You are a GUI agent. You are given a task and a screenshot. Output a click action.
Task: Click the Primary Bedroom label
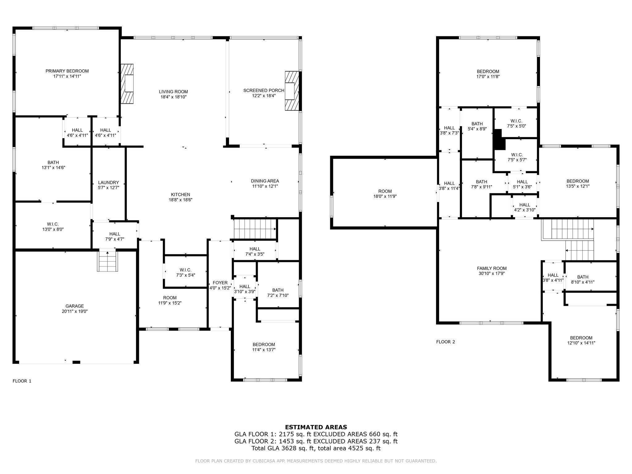tap(67, 71)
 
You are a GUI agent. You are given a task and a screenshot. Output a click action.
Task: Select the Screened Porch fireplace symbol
tap(292, 91)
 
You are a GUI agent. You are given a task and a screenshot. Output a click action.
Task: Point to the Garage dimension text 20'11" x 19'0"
tap(75, 311)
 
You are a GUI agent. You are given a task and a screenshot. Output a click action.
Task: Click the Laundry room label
tap(108, 182)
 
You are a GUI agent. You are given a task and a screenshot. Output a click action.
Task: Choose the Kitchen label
tap(181, 194)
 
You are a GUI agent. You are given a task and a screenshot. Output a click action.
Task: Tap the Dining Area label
tap(265, 181)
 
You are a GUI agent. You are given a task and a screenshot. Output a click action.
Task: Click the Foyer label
tap(220, 283)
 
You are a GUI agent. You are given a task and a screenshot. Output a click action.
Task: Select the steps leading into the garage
tap(107, 261)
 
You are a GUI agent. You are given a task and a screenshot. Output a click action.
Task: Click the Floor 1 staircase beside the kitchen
tap(255, 229)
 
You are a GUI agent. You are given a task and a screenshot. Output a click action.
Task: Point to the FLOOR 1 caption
tap(22, 381)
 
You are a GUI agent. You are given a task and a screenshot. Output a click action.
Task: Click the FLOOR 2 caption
tap(446, 342)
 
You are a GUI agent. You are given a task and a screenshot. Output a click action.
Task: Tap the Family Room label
tap(492, 268)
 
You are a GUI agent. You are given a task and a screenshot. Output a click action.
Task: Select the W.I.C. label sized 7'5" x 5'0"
tap(516, 121)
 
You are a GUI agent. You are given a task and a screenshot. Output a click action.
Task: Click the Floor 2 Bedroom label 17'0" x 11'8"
tap(488, 72)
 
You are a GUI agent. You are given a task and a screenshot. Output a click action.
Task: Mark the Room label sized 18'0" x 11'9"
tap(385, 191)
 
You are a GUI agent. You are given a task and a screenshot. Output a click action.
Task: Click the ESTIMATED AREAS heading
tap(316, 427)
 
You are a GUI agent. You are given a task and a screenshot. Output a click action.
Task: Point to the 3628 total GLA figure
tap(288, 448)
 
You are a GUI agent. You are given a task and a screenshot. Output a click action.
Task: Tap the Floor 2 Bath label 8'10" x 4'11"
tap(583, 277)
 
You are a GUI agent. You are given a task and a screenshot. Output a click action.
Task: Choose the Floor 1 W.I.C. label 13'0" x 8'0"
tap(53, 224)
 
